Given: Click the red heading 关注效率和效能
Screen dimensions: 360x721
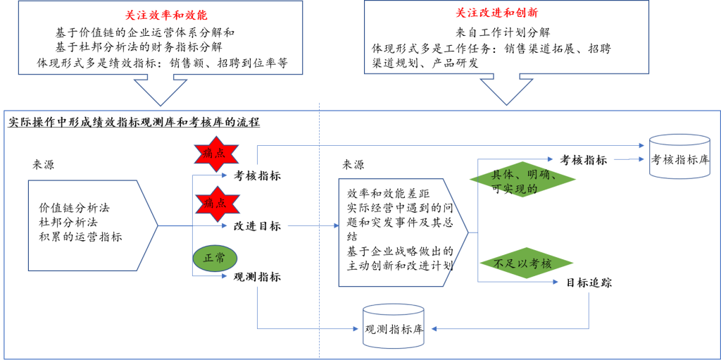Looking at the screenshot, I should (x=166, y=15).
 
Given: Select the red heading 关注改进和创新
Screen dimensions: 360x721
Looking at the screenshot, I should (x=496, y=13).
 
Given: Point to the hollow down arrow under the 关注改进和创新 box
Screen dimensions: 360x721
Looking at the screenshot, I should (x=506, y=89).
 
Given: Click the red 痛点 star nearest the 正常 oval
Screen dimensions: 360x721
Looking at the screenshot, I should (x=217, y=204).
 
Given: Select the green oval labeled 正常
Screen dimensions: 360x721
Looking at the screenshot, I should (x=215, y=259).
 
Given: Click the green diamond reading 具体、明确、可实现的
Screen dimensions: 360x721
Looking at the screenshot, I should (x=522, y=180).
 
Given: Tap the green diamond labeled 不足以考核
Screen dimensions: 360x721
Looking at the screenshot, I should (x=525, y=263).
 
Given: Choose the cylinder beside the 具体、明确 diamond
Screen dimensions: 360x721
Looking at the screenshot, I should (x=679, y=156).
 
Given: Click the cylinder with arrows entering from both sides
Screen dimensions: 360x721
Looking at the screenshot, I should (x=394, y=326).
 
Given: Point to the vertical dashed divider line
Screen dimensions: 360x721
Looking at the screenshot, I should (x=320, y=232).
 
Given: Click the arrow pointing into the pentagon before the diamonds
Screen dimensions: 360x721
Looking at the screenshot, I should (x=313, y=225).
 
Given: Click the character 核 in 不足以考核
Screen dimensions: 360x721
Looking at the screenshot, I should (x=546, y=264).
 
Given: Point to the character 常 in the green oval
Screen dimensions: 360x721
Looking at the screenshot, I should (x=220, y=259).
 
